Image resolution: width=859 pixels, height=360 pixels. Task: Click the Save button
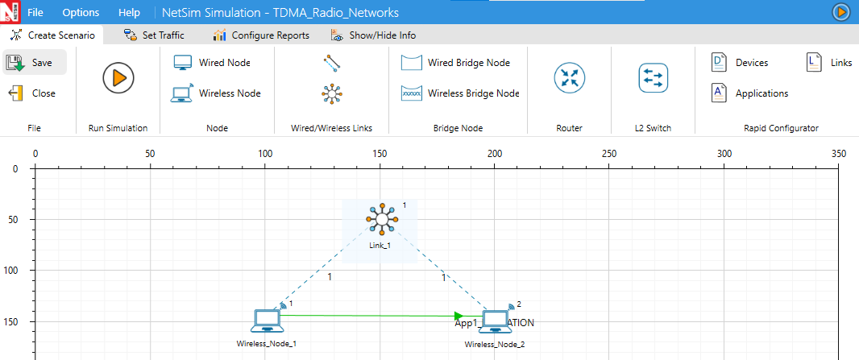(x=33, y=63)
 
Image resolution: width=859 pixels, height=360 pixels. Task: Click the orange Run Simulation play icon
(x=118, y=78)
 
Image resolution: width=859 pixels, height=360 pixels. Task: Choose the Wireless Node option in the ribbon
(x=216, y=93)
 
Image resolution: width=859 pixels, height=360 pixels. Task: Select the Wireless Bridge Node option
(x=460, y=93)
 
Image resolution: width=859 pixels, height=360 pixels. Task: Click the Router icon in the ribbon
(x=569, y=78)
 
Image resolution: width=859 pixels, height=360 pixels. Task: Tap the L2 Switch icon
(x=653, y=78)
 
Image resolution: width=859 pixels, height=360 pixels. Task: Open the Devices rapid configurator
(x=740, y=63)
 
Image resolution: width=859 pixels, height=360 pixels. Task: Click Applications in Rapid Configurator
(x=749, y=93)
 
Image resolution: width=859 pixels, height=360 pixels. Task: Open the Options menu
(x=81, y=13)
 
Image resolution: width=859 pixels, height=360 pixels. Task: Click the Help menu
(x=129, y=13)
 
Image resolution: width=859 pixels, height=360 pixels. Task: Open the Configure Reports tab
(x=261, y=35)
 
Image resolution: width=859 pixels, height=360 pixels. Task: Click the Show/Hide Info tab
(x=373, y=35)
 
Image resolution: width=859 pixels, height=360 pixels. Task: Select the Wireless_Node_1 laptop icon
(x=266, y=321)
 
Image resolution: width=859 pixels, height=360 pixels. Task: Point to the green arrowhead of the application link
(x=459, y=316)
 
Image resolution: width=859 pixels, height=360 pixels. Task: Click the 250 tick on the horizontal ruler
(x=610, y=153)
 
